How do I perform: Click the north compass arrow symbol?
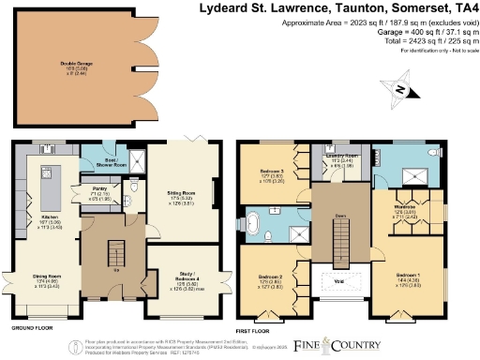coord(399,89)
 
